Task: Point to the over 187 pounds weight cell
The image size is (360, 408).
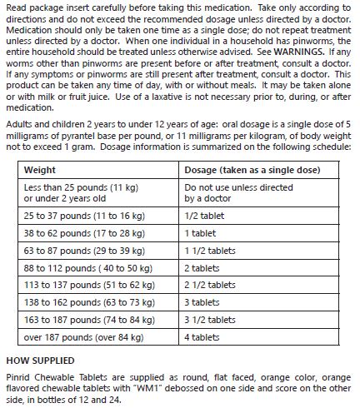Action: tap(84, 338)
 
